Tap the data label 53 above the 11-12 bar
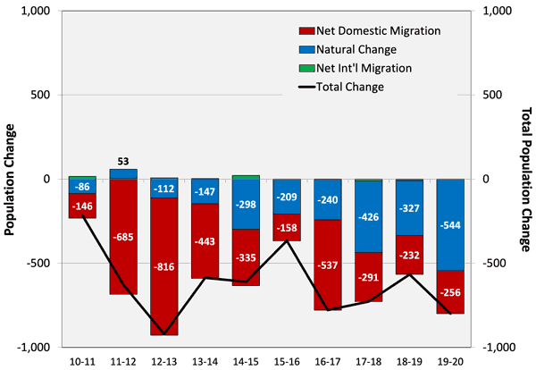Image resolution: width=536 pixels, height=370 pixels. [123, 162]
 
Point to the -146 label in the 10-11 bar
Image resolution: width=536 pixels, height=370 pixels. [82, 206]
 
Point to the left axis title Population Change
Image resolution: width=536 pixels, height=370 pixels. [10, 179]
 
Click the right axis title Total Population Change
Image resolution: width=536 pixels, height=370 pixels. [525, 179]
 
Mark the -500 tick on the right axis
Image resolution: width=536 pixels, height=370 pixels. [498, 263]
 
